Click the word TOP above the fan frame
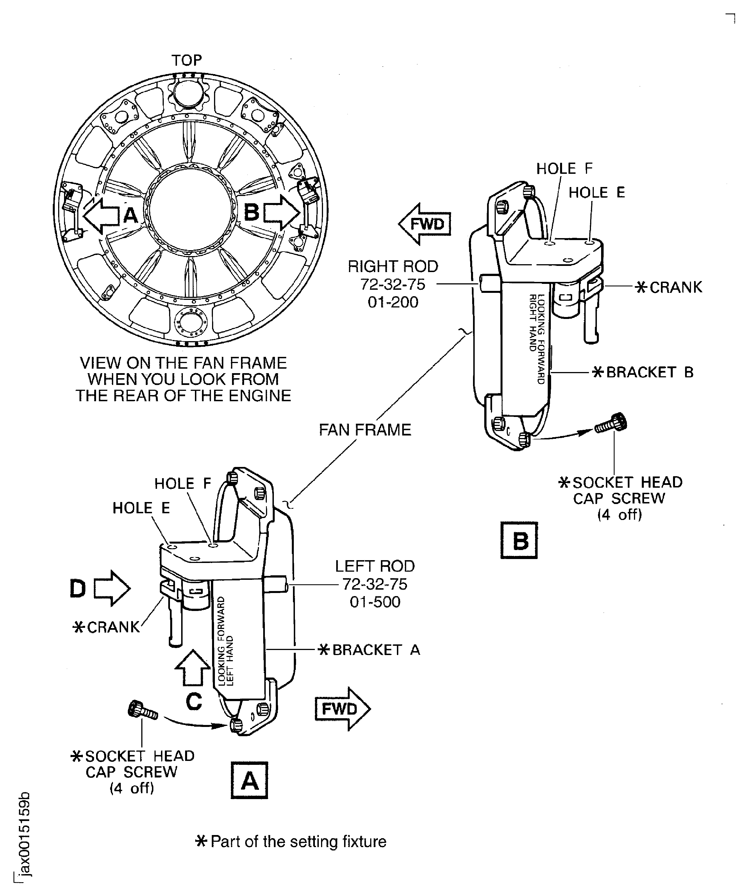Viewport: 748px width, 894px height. point(187,60)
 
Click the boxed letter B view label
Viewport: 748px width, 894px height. point(519,541)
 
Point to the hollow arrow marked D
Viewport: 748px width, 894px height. point(112,589)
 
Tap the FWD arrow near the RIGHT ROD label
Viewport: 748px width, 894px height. point(425,224)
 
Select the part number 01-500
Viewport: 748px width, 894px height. point(375,602)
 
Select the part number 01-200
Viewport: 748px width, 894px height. point(393,302)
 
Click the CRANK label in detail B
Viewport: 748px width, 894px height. point(675,287)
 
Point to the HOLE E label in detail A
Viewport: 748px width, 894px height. point(141,508)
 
